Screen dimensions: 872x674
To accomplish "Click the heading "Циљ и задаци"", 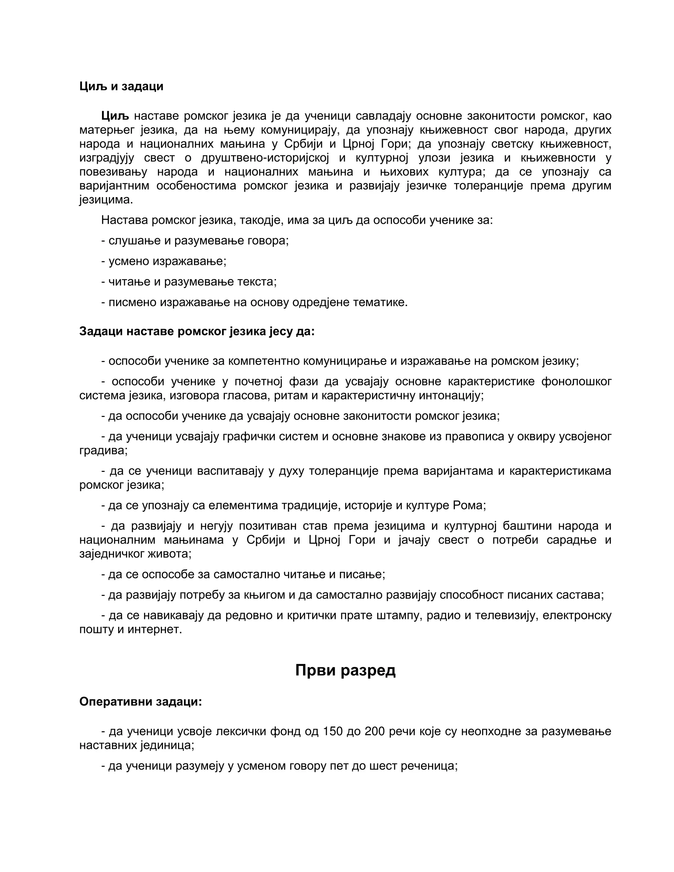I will click(121, 86).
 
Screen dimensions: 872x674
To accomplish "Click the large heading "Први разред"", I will click(345, 670).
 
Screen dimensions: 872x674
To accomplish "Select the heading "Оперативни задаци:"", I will click(141, 702).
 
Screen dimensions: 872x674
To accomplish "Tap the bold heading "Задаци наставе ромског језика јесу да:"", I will click(197, 331).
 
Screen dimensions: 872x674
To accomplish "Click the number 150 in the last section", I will click(333, 731).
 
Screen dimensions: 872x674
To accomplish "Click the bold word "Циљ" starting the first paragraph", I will click(115, 116).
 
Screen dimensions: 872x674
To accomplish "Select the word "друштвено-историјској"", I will click(265, 158).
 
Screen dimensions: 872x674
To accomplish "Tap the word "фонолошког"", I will click(576, 382).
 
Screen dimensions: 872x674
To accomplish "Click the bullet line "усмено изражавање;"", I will click(164, 262).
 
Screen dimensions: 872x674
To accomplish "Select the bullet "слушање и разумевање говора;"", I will click(195, 241).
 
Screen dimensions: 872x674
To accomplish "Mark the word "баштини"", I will click(527, 526).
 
